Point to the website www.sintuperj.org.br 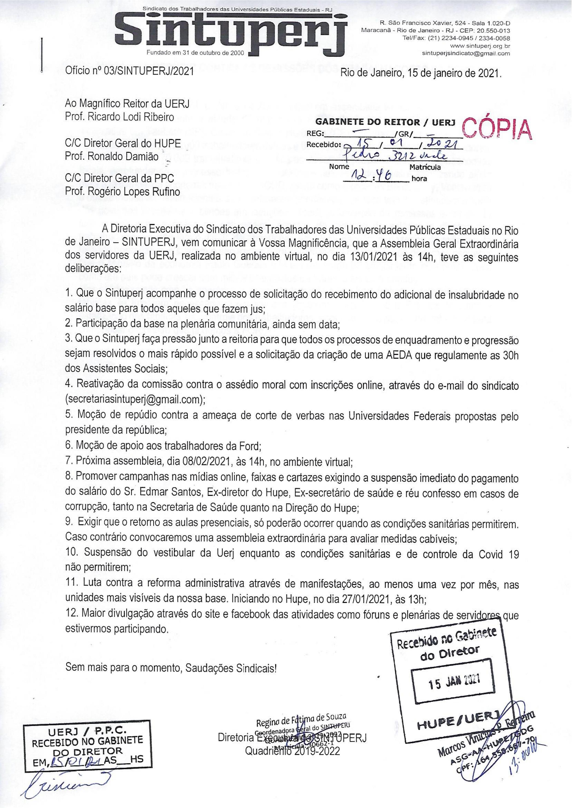[480, 46]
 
